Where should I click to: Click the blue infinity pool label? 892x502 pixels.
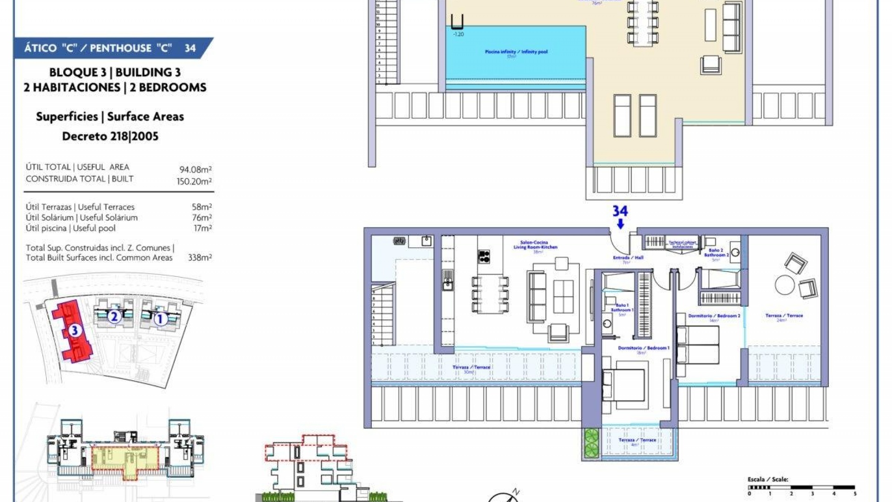516,52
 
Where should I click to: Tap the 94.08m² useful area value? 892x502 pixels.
196,170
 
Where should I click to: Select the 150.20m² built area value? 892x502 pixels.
194,181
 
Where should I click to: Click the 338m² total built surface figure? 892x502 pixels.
200,258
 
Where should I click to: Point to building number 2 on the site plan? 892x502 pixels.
114,317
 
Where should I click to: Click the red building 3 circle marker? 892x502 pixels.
75,330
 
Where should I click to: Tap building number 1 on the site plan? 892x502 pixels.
160,319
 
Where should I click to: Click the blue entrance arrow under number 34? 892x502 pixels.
620,224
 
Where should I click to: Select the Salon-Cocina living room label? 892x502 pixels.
534,245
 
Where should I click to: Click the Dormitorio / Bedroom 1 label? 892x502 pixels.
643,348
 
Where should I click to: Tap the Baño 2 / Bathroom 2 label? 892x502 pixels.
716,253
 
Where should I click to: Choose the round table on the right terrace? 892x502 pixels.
785,284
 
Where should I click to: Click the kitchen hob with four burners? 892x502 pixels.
484,257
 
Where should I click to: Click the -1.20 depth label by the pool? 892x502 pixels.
458,34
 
